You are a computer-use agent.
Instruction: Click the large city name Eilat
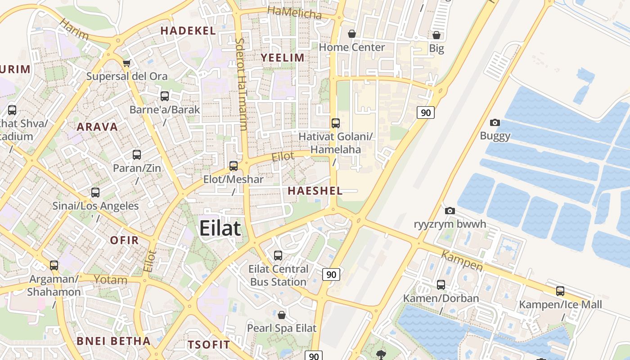coord(220,228)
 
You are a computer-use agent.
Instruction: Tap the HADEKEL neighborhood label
coord(188,31)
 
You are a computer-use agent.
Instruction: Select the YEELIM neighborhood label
coord(283,58)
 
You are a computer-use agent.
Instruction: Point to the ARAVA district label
coord(97,127)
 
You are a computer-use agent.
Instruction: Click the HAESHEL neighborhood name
coord(315,190)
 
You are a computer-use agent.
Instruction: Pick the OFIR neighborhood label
coord(125,240)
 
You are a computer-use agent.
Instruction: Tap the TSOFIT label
coord(209,345)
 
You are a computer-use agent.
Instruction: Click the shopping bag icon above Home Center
coord(352,34)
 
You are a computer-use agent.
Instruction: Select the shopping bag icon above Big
coord(436,35)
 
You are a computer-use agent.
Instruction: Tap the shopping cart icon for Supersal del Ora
coord(127,63)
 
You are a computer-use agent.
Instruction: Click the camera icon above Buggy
coord(495,122)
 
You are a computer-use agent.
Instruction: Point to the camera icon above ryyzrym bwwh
coord(450,211)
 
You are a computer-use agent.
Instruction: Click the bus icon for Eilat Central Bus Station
coord(278,256)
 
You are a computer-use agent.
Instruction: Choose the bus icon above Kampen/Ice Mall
coord(560,291)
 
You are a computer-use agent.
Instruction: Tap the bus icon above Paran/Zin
coord(137,155)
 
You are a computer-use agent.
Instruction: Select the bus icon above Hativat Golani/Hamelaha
coord(335,123)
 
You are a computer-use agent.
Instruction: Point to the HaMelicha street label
coord(294,13)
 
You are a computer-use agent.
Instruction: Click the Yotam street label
coord(111,279)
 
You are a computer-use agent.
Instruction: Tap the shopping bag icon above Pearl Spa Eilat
coord(282,315)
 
